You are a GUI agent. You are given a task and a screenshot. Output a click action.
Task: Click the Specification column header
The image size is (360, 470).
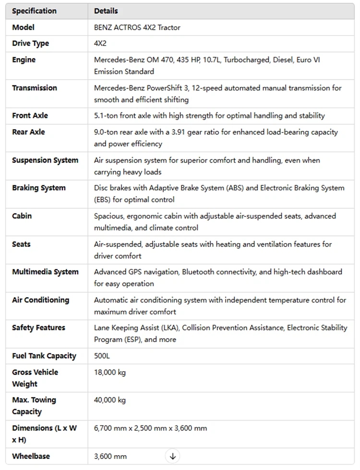coord(34,11)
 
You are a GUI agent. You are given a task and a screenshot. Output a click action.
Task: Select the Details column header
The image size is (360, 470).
coord(106,11)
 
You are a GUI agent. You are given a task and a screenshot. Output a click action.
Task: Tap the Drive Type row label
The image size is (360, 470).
coord(30,44)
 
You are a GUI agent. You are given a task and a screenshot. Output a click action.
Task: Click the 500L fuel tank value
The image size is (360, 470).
coord(103,356)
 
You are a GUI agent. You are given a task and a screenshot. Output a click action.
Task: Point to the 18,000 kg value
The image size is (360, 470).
coord(109,372)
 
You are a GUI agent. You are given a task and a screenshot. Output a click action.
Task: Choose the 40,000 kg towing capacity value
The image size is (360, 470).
coord(109,400)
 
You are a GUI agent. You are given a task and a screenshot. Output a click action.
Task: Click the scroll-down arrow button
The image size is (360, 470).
coord(173,456)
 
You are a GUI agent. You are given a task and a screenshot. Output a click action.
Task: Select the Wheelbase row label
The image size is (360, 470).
coord(31,456)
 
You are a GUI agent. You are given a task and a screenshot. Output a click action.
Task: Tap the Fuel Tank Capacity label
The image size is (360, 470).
coord(44,356)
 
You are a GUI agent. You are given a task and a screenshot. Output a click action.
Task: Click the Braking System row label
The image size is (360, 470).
coord(39,188)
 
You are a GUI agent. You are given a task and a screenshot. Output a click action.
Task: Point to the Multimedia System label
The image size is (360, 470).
coord(45,272)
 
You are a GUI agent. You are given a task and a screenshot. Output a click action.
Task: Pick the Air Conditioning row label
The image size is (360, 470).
coord(40,300)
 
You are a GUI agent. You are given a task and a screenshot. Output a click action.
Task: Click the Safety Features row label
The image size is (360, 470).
coord(38,328)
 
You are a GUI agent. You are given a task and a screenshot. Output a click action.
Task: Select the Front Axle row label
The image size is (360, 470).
coord(30,116)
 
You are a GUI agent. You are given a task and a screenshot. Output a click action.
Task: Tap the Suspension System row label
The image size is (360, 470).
coord(45,160)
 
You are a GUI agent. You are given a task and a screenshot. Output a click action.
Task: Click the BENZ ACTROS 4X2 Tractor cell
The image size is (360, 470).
coord(137,27)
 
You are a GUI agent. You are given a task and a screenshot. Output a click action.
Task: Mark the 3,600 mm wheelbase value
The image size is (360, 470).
coord(110,456)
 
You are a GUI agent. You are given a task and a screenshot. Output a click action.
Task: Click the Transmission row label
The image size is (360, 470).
coord(35,88)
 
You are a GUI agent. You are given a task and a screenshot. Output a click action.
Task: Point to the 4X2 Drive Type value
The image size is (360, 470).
coord(100,44)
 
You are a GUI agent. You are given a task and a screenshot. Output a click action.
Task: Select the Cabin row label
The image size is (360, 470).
coord(22,216)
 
